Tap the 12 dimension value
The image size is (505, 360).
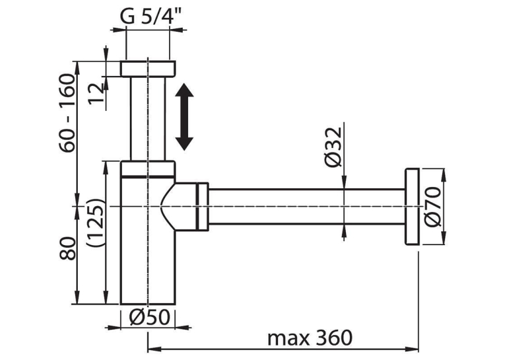96,93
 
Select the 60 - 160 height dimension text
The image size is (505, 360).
67,113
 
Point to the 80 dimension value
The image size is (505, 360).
67,248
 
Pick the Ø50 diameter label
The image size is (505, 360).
149,317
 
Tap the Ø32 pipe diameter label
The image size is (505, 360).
333,147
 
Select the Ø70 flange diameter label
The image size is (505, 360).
432,207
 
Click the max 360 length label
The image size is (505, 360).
310,338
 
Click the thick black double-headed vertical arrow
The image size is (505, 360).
184,117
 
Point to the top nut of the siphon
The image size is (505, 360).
148,68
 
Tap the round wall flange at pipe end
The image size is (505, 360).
412,206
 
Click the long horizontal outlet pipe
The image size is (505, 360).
306,206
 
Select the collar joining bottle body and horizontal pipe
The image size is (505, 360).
202,207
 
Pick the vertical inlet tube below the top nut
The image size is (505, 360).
148,119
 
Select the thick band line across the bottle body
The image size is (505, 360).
148,176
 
